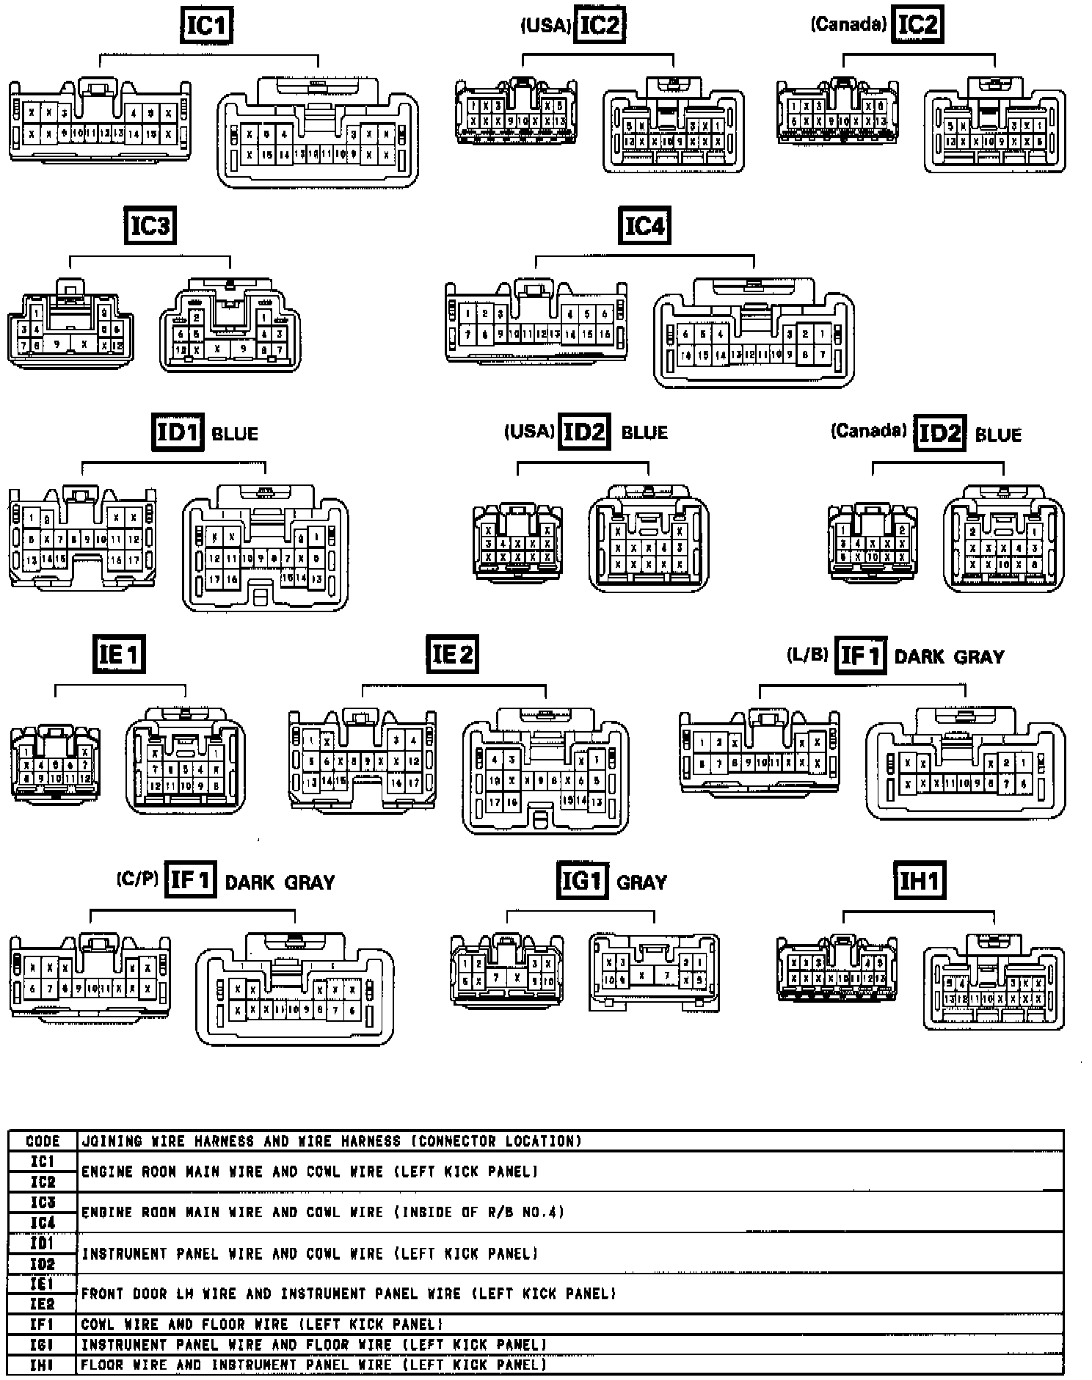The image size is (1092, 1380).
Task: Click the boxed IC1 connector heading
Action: click(206, 26)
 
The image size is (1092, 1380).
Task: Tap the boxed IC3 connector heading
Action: click(150, 225)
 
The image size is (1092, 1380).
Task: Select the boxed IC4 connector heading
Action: click(644, 225)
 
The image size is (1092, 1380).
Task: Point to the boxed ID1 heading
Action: click(178, 432)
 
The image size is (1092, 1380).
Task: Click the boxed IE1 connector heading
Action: click(120, 653)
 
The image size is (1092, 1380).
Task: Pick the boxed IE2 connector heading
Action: click(452, 653)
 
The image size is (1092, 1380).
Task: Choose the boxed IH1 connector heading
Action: click(919, 880)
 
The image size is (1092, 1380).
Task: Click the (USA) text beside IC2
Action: click(545, 26)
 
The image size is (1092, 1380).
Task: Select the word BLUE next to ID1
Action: click(235, 434)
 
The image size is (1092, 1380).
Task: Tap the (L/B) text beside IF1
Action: click(807, 655)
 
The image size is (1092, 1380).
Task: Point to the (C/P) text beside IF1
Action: click(137, 879)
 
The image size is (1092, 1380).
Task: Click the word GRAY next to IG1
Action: click(642, 882)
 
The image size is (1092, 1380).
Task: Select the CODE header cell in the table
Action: click(43, 1141)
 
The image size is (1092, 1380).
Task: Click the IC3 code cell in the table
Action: click(43, 1202)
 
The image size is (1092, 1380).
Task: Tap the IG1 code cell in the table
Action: click(43, 1345)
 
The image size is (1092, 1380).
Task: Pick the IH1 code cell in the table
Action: click(43, 1365)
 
